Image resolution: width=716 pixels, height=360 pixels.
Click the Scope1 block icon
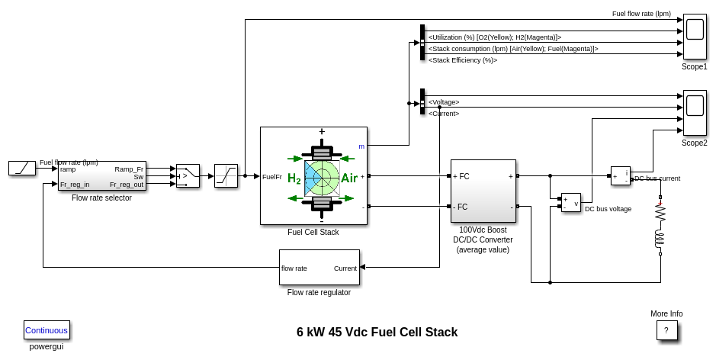click(x=695, y=36)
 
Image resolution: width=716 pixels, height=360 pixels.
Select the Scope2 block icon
click(x=695, y=113)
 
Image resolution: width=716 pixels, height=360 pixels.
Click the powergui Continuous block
click(x=47, y=330)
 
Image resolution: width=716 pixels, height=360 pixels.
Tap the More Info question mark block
click(x=666, y=330)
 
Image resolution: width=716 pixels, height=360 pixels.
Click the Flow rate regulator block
click(x=319, y=268)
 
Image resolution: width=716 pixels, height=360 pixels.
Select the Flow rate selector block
click(x=101, y=176)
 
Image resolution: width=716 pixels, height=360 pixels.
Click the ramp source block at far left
click(x=22, y=168)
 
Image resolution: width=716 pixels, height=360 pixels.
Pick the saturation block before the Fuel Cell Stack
click(x=226, y=176)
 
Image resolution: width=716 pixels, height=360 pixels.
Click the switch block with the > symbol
click(x=188, y=176)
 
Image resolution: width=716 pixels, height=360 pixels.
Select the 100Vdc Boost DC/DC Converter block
click(x=483, y=191)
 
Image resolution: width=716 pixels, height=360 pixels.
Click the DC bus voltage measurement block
click(x=571, y=202)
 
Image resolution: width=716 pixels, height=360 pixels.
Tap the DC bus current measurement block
click(x=621, y=176)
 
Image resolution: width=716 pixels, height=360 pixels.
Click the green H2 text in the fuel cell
click(x=294, y=179)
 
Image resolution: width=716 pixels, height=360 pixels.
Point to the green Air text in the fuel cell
click(x=349, y=178)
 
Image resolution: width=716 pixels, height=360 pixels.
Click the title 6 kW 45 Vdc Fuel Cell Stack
click(x=377, y=333)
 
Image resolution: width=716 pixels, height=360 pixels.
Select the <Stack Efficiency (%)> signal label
click(x=463, y=60)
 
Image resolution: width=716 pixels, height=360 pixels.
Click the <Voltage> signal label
click(x=444, y=102)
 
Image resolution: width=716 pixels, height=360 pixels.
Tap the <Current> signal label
click(x=444, y=114)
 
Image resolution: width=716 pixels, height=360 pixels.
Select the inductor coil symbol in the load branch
click(x=660, y=239)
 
